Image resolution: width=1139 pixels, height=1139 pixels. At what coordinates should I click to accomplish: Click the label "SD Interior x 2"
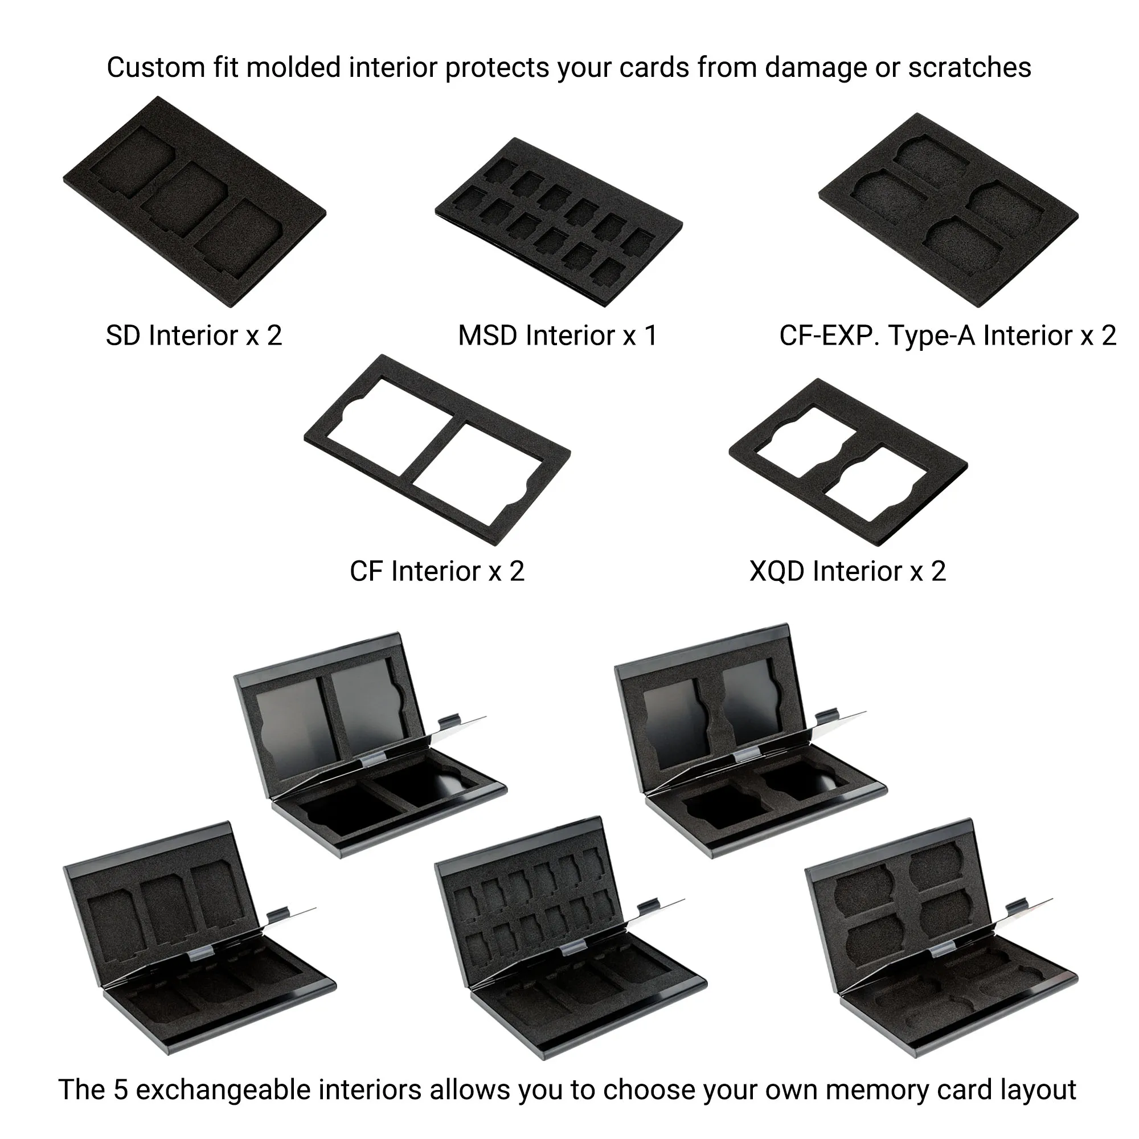194,336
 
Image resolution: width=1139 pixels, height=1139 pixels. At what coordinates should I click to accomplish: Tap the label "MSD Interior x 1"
557,336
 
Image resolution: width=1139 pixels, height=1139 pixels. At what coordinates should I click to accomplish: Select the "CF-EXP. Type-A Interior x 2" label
948,336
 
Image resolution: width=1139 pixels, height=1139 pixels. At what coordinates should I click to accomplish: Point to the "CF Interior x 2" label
437,571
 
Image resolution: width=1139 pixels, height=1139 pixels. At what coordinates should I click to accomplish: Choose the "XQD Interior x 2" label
848,571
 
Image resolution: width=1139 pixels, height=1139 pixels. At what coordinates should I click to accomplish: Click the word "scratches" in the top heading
969,68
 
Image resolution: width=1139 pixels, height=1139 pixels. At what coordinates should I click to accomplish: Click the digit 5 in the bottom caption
120,1089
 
